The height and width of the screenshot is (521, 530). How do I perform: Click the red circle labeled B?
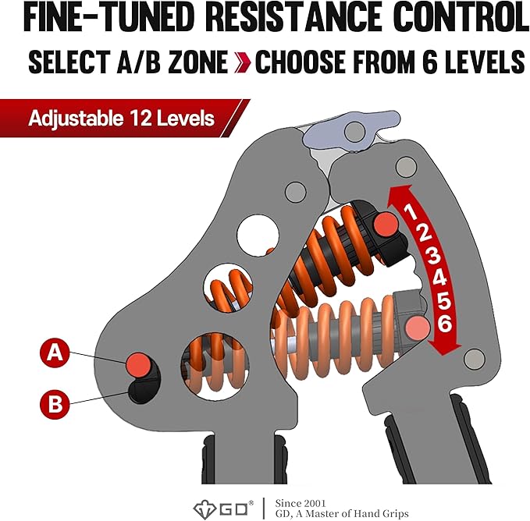point(54,403)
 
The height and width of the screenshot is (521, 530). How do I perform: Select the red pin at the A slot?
point(140,363)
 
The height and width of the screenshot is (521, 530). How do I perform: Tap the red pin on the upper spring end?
point(386,225)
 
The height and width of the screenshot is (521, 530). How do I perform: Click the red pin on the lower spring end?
point(417,327)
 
